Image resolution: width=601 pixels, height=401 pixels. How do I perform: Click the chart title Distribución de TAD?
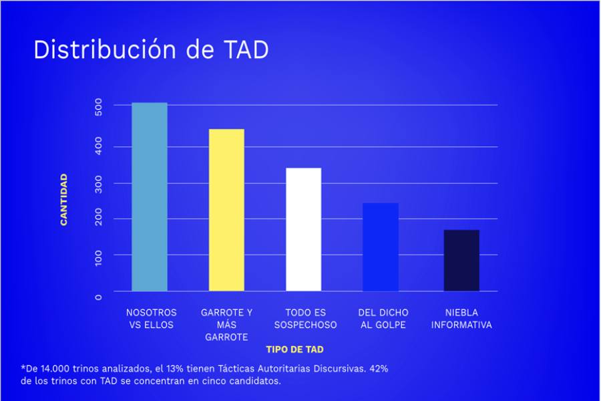click(151, 50)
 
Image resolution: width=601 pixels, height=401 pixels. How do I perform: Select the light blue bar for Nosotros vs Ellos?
click(150, 197)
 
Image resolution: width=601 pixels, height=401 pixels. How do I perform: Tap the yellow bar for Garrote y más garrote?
click(226, 210)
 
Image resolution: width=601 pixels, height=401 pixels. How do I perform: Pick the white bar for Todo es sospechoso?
click(304, 229)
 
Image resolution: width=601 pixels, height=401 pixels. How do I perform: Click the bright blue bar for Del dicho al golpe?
click(381, 247)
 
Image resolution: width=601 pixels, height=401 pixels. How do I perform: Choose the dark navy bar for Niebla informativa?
click(461, 260)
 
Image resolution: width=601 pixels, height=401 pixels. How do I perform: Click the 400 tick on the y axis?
click(99, 146)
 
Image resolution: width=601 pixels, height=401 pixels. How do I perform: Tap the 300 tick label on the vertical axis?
click(99, 183)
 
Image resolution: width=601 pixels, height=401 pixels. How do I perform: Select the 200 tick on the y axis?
click(99, 219)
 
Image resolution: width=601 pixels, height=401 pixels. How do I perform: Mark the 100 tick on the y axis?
click(99, 255)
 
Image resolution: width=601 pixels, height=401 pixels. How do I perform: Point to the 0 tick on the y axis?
click(99, 296)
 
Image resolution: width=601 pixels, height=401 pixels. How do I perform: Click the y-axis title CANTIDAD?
click(64, 199)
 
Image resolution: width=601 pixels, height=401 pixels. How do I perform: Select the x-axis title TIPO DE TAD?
click(294, 349)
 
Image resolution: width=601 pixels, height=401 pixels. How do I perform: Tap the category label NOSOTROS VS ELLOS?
click(152, 319)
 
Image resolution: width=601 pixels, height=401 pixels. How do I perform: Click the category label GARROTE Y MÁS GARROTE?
click(227, 325)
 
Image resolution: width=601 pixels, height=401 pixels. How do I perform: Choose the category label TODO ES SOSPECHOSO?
click(305, 319)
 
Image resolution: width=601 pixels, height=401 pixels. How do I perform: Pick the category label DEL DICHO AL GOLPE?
click(383, 319)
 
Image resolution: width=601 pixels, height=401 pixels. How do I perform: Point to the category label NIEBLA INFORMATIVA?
click(461, 319)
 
